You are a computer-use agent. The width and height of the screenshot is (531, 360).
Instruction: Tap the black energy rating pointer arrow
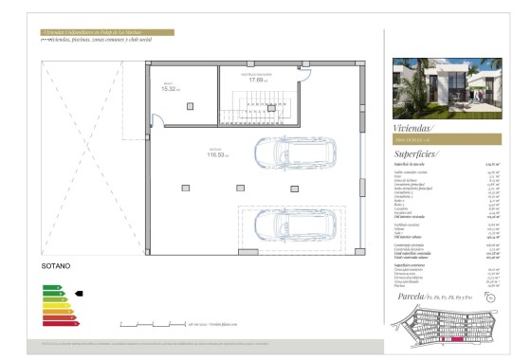(80, 294)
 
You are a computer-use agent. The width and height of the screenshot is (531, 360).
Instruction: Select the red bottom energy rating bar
(59, 324)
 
